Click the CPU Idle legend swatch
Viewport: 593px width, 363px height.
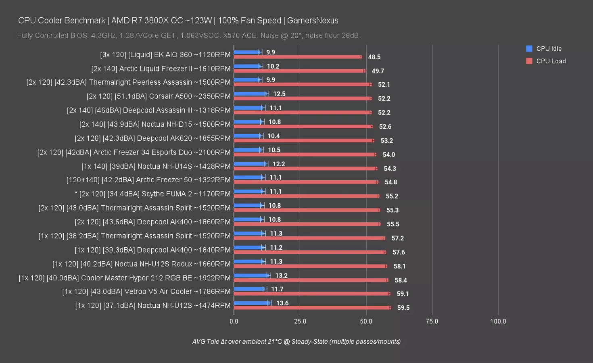coord(529,48)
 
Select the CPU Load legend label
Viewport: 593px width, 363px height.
coord(551,61)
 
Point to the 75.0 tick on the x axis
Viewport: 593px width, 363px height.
coord(432,321)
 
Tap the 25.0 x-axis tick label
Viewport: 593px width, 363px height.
coord(300,321)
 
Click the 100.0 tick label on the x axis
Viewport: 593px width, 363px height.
coord(498,321)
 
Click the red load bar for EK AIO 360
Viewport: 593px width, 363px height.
coord(298,57)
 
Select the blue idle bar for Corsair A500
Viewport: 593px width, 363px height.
coord(250,94)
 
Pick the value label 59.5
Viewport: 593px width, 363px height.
coord(403,308)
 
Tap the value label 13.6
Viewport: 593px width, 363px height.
coord(282,303)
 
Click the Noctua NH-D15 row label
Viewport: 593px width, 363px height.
coord(155,124)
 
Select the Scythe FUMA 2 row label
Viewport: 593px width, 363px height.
coord(152,194)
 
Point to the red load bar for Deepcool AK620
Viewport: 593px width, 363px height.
coord(304,140)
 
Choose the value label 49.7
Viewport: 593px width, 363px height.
coord(378,71)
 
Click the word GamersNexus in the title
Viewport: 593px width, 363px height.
coord(313,21)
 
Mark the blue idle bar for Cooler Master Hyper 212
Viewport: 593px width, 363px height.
coord(251,275)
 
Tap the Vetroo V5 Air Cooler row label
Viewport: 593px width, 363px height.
coord(146,292)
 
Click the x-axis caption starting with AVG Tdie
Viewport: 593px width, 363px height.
coord(296,342)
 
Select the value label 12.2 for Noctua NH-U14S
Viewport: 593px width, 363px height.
coord(278,164)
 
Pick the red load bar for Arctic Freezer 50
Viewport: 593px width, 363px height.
coord(306,182)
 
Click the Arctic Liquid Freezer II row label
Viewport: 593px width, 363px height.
coord(161,69)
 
